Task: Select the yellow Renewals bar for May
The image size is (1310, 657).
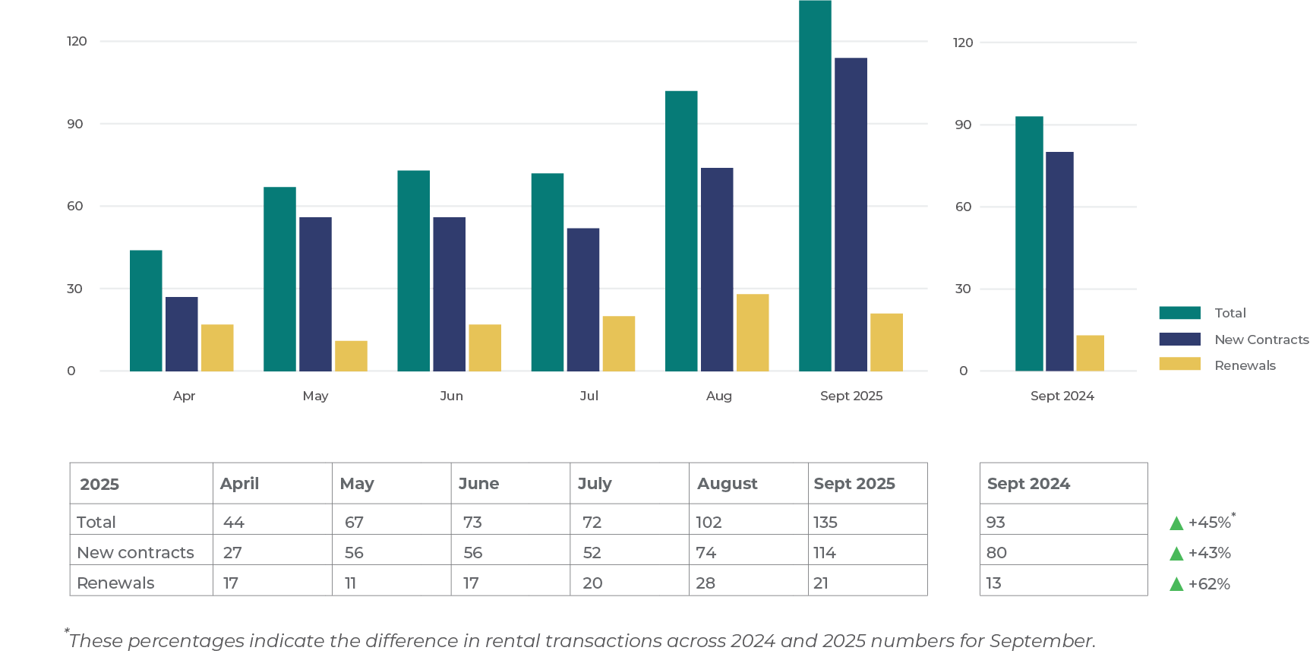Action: [351, 355]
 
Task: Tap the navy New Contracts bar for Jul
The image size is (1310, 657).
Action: [582, 299]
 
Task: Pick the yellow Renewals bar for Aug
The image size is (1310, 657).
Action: [753, 332]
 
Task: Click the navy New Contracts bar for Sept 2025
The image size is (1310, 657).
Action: [851, 214]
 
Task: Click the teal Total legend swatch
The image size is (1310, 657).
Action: [1179, 313]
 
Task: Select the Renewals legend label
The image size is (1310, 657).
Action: [1245, 365]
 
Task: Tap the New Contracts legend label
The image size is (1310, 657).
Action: [1261, 340]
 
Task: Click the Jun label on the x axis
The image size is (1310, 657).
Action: [451, 396]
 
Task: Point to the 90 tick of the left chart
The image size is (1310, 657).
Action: [74, 124]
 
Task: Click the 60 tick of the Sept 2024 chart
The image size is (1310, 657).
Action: [963, 207]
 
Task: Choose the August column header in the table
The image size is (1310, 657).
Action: [727, 484]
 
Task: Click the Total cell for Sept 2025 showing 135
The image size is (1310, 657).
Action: [825, 523]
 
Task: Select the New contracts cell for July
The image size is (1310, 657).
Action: [592, 553]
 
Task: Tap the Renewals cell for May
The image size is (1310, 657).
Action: [350, 583]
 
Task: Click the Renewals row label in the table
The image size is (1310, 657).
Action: [115, 583]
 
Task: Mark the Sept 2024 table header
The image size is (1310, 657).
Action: [1028, 484]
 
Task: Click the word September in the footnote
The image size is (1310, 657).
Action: [1041, 641]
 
